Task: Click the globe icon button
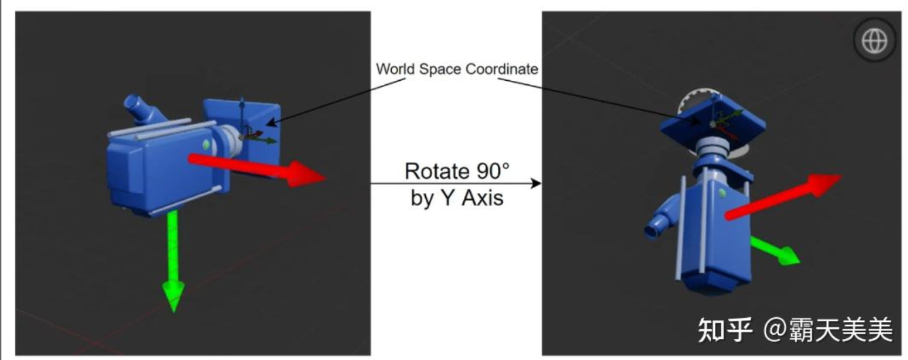(874, 42)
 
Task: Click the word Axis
(479, 198)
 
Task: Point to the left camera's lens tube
(138, 108)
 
